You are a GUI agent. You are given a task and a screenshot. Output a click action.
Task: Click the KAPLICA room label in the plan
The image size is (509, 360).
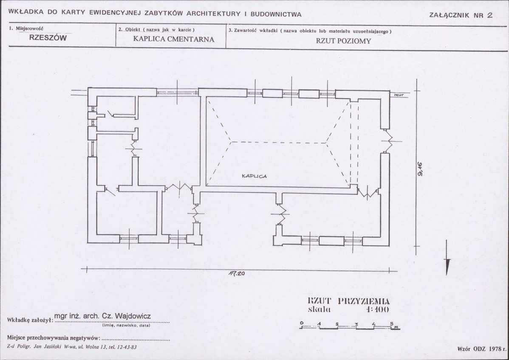(254, 176)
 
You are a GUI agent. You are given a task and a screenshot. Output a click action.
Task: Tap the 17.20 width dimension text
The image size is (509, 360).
(237, 273)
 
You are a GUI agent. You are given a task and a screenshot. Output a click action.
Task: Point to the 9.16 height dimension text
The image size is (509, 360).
(420, 169)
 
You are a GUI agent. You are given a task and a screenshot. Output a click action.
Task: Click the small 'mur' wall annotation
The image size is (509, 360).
(399, 95)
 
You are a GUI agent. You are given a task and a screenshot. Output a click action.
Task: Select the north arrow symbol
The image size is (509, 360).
(447, 258)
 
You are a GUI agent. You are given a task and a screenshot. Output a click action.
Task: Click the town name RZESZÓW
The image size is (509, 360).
(48, 38)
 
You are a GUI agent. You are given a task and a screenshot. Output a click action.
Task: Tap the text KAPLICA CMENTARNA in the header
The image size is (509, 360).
(174, 39)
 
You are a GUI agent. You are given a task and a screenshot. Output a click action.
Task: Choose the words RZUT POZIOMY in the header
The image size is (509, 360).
(343, 41)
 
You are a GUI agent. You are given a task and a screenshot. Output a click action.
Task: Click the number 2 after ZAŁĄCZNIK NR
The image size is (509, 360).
(490, 15)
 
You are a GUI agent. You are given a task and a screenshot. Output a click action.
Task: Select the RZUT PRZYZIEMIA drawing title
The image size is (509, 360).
(349, 301)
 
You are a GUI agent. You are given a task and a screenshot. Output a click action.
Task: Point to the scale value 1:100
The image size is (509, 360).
(377, 309)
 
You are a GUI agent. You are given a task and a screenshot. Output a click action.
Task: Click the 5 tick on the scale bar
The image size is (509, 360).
(391, 323)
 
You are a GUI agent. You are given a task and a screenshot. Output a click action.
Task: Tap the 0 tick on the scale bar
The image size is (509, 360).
(302, 323)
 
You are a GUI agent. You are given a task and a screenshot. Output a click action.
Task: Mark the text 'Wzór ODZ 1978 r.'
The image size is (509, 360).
(482, 349)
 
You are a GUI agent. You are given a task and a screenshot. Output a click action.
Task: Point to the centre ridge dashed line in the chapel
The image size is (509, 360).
(278, 142)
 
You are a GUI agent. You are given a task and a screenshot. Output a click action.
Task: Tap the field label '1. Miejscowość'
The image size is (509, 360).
(26, 28)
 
